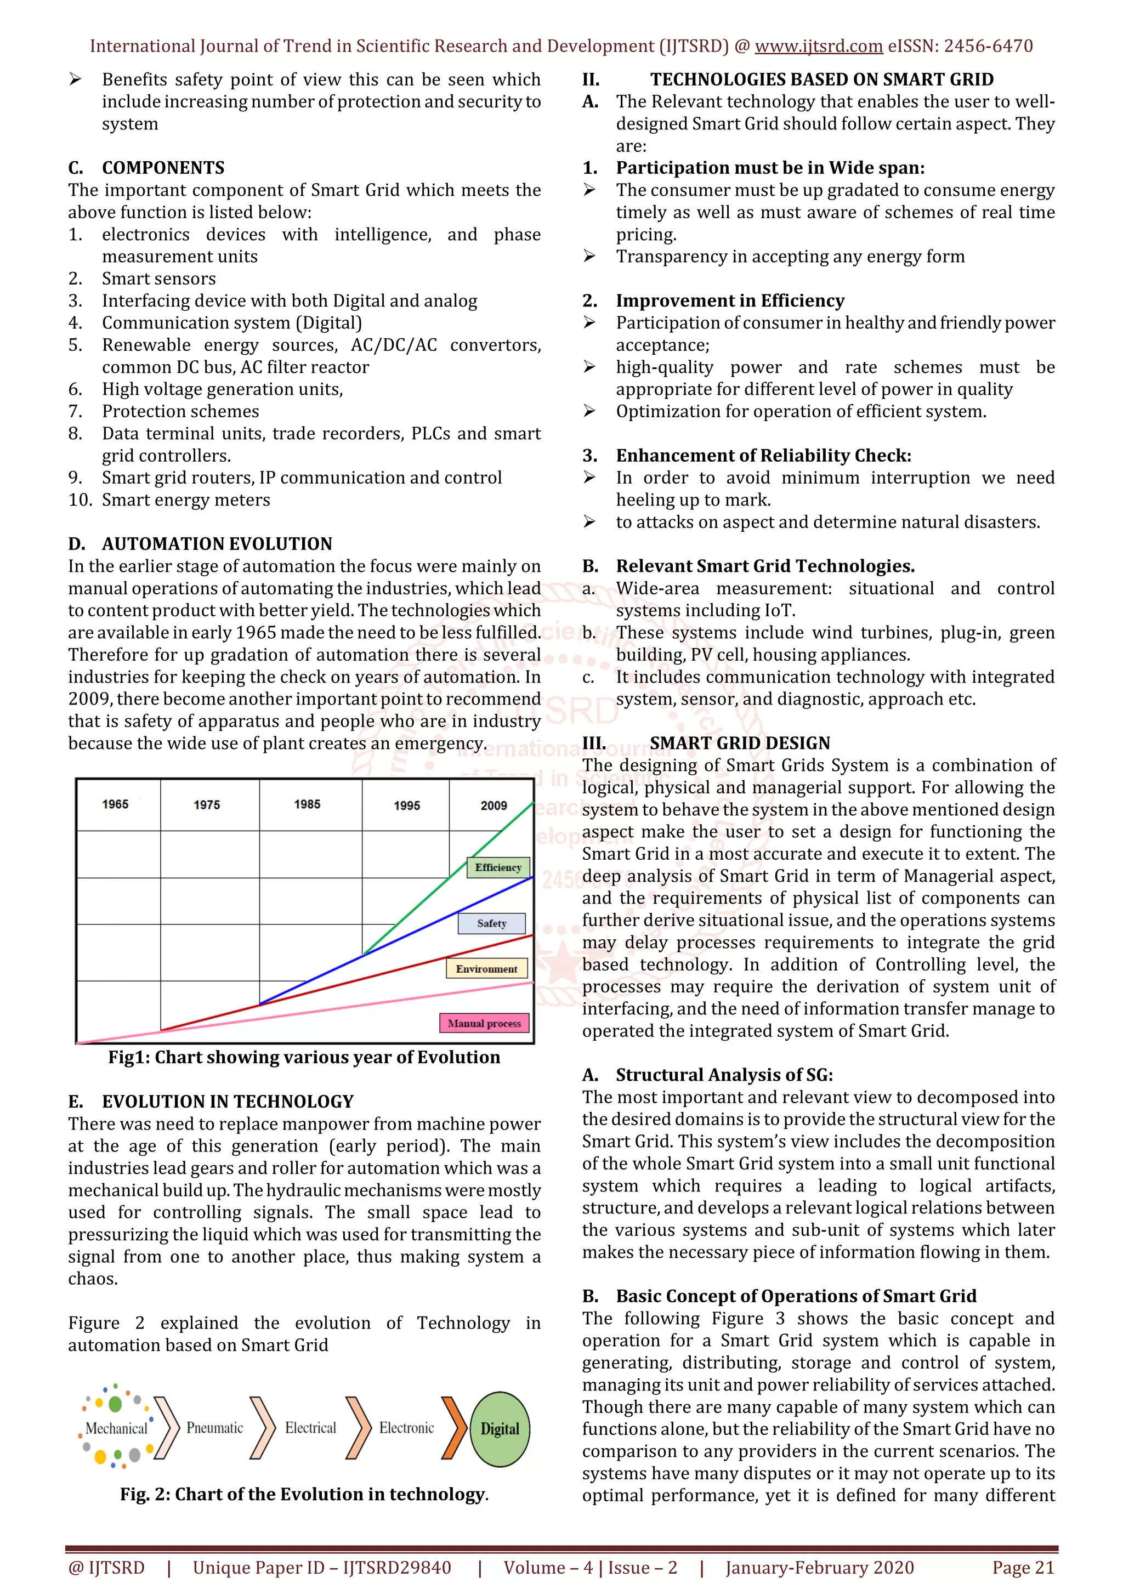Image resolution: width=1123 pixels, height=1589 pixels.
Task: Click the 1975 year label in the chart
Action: coord(207,805)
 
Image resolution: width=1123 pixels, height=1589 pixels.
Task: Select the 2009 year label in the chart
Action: coord(494,805)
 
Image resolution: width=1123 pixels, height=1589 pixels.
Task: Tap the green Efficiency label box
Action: coord(498,868)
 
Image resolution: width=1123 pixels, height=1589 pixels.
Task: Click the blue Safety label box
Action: coord(492,924)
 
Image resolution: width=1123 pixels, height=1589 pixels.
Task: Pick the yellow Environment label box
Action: coord(486,969)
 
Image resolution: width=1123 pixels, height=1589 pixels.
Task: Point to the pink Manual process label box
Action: coord(484,1024)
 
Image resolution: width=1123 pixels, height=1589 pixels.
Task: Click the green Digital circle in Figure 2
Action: coord(500,1429)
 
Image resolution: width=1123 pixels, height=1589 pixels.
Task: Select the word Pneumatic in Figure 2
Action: coord(215,1428)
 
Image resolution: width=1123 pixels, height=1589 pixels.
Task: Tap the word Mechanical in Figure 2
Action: coord(116,1428)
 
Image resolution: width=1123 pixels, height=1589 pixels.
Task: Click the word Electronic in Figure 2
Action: coord(407,1428)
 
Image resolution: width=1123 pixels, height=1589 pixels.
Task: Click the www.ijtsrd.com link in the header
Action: coord(819,47)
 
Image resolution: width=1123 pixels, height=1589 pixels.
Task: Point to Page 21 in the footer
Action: coord(1023,1568)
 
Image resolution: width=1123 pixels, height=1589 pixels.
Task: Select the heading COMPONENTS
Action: coord(163,168)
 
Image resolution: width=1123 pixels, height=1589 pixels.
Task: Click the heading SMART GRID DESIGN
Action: coord(740,744)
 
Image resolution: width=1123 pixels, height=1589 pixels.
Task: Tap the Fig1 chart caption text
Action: coord(304,1058)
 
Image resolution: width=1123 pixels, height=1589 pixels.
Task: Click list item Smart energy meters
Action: coord(186,501)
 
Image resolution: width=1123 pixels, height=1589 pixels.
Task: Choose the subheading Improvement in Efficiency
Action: coord(730,301)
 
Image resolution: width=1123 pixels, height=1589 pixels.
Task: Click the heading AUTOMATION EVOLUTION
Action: coord(217,544)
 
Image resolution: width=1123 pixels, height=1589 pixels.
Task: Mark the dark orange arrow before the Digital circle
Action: coord(454,1428)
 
